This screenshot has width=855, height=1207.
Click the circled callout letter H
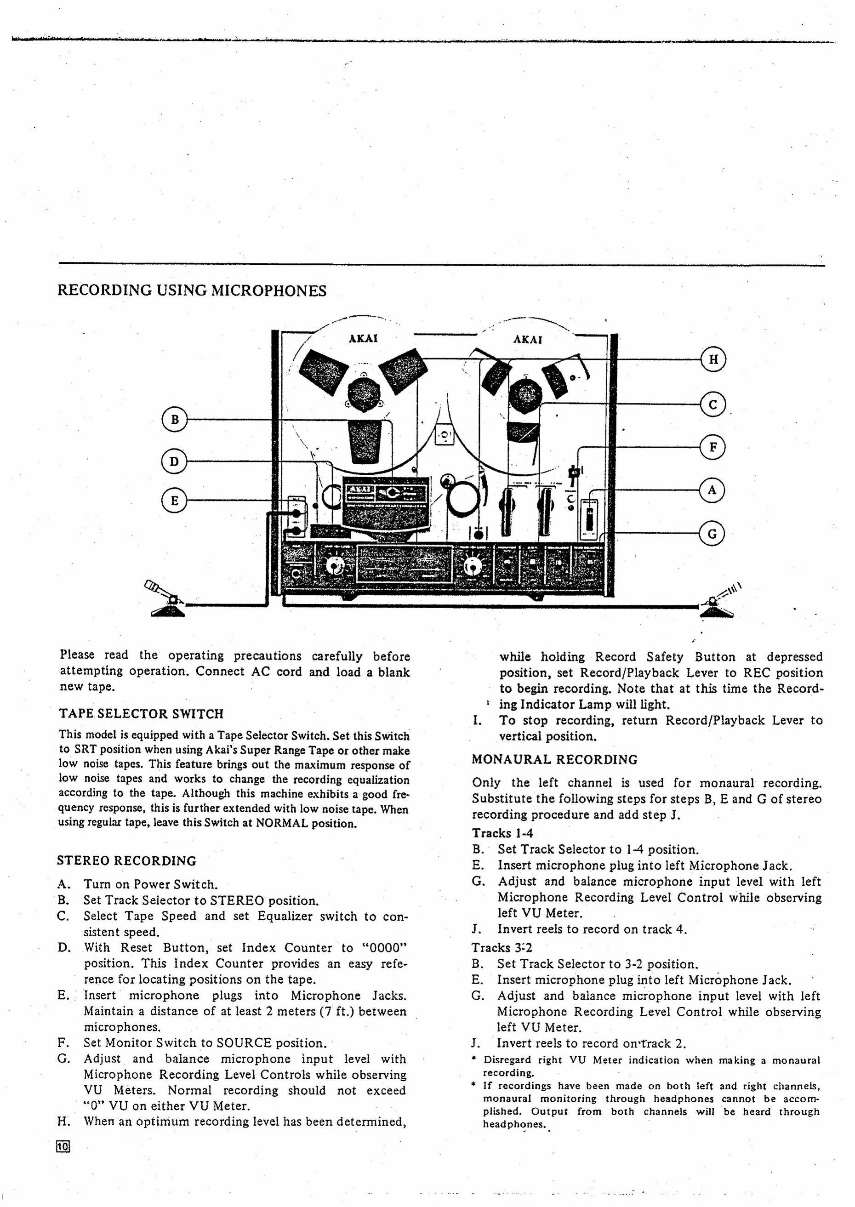713,359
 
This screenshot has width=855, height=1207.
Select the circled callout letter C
713,405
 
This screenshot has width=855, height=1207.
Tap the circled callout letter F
713,447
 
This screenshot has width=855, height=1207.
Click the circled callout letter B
174,420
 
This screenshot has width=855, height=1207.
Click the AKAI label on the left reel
363,338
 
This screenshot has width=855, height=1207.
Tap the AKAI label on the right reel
528,340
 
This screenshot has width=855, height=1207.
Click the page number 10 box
63,1146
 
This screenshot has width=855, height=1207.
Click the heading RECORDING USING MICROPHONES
192,290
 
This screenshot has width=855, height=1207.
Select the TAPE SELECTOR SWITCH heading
141,714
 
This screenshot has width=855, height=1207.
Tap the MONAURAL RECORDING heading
554,760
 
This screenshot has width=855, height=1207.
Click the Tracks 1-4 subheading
502,833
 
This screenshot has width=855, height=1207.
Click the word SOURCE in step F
244,1043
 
